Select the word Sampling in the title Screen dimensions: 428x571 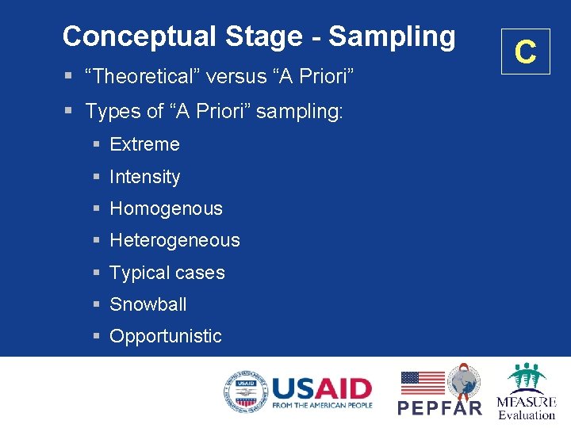point(392,36)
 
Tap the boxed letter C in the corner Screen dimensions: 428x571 point(525,52)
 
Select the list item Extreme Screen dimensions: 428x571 point(144,144)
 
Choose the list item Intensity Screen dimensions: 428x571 point(144,177)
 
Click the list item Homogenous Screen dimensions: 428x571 point(166,208)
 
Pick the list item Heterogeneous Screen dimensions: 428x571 point(174,240)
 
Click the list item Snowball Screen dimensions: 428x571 point(148,304)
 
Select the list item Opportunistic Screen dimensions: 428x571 point(166,336)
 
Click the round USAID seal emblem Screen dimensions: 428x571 point(245,392)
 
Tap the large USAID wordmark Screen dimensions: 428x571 point(321,388)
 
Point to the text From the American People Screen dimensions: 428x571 point(321,406)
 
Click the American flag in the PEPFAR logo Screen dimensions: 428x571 point(422,382)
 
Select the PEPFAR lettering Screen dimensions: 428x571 point(439,407)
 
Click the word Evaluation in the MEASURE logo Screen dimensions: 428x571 point(527,415)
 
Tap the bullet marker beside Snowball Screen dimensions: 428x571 point(96,304)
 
